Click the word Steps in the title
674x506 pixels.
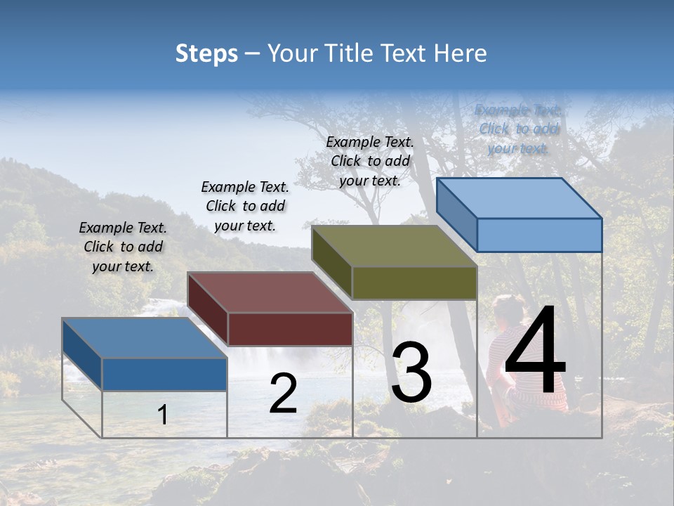[206, 53]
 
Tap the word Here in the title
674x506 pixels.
[460, 53]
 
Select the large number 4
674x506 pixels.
[535, 353]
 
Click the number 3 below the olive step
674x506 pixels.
[411, 372]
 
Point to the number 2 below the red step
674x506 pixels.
[283, 394]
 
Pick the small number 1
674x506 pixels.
[163, 415]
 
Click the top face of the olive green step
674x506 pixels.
[394, 246]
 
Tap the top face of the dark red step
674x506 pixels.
[270, 292]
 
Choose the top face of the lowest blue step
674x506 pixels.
[145, 338]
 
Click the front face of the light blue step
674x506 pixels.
[539, 235]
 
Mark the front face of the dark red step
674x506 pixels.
[290, 329]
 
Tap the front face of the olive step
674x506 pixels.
[414, 283]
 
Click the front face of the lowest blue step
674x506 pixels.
[164, 374]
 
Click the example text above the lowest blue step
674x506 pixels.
[123, 247]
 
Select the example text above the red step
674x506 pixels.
[245, 206]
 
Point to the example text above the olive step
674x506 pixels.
[370, 161]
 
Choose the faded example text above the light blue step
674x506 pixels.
[518, 129]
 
